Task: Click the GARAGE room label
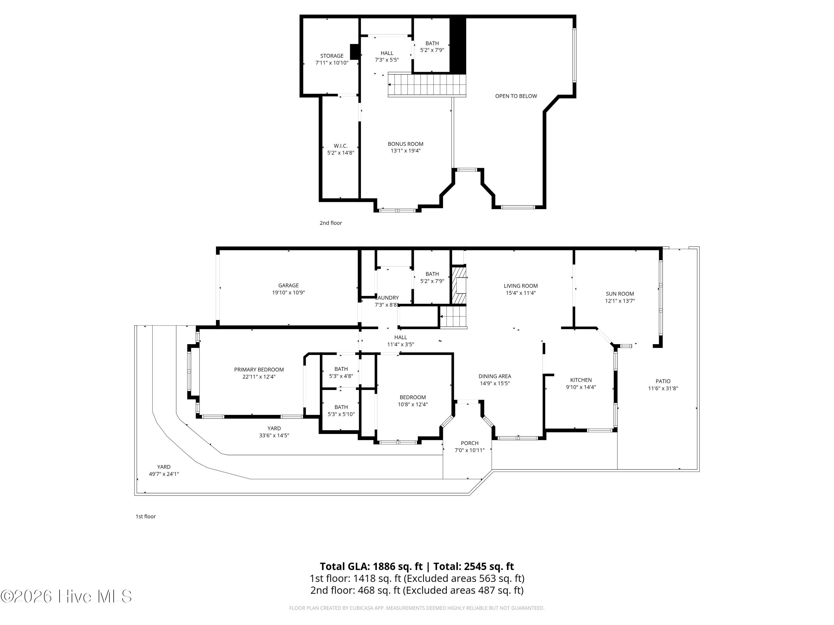pyautogui.click(x=289, y=286)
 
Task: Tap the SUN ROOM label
pyautogui.click(x=620, y=294)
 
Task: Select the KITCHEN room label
pyautogui.click(x=581, y=380)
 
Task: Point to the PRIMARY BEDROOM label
pyautogui.click(x=259, y=369)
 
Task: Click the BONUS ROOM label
pyautogui.click(x=406, y=144)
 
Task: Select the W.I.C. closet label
pyautogui.click(x=341, y=146)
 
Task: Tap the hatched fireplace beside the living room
pyautogui.click(x=459, y=285)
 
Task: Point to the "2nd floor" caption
pyautogui.click(x=331, y=223)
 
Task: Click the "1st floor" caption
pyautogui.click(x=146, y=516)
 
